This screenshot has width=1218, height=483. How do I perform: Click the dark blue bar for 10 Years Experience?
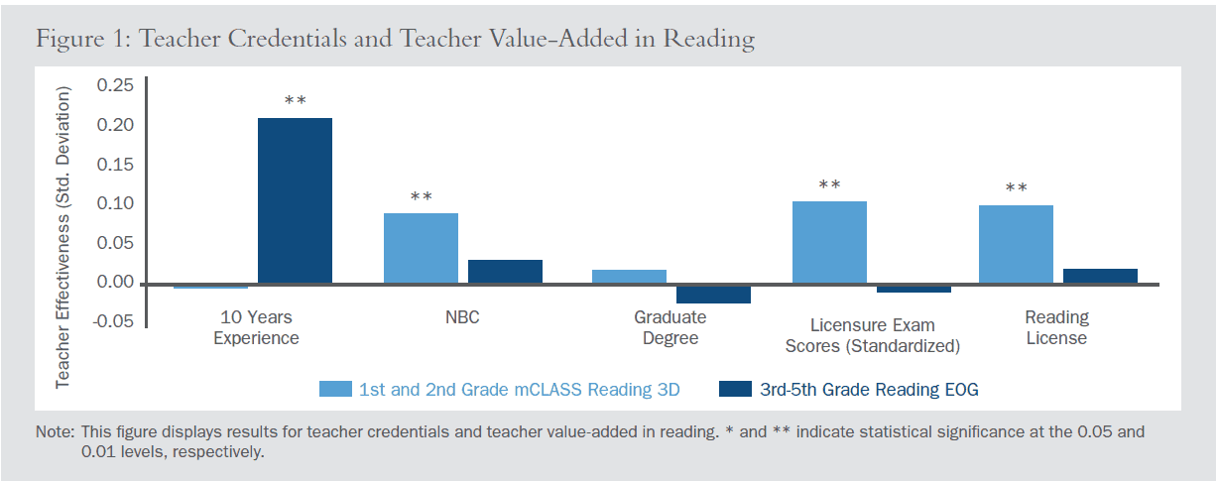point(295,200)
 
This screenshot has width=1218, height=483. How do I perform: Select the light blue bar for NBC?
point(421,248)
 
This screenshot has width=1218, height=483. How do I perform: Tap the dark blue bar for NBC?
point(505,272)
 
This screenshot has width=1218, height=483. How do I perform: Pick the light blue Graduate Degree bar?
point(629,277)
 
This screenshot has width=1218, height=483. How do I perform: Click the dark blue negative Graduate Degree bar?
point(713,294)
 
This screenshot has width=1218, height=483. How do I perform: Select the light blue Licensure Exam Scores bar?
point(829,243)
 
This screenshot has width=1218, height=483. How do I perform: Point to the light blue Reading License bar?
point(1016,245)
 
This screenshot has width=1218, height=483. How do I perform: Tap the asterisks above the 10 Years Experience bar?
point(295,101)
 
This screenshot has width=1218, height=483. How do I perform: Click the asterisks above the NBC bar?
point(421,196)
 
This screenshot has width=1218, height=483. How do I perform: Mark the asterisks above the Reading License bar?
point(1016,188)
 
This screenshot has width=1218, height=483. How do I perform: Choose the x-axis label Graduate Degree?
point(670,327)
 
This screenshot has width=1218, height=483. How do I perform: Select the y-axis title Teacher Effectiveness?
point(63,236)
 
